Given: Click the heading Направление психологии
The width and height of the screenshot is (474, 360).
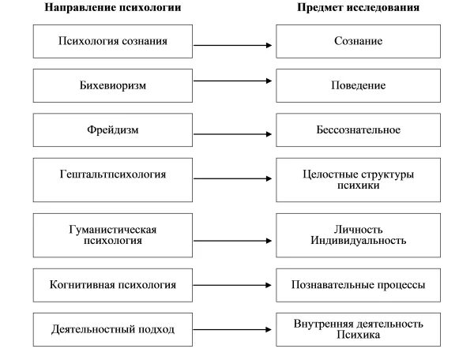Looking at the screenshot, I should pos(113,8).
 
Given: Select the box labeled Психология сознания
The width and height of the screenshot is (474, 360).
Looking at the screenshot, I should pos(113,41).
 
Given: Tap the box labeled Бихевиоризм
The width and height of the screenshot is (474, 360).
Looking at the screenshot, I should pos(113,84).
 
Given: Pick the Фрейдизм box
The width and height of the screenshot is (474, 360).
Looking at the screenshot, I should pos(113,129).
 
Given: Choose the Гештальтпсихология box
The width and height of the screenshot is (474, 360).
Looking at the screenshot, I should pos(113,179).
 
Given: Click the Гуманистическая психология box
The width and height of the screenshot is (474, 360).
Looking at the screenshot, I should pos(113,234).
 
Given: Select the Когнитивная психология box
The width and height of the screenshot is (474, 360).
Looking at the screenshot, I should pos(113,284).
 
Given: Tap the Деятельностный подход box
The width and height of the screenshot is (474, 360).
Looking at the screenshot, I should pos(113,328).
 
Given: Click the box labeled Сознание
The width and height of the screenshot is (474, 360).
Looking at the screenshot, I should pos(358,41).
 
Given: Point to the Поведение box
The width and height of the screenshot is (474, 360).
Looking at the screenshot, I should pos(358,84).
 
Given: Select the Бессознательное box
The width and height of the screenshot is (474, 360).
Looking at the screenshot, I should pos(358,129).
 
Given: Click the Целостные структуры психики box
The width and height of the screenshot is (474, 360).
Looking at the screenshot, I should pos(358,179).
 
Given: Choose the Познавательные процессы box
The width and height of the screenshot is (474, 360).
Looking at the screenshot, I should pos(358,284).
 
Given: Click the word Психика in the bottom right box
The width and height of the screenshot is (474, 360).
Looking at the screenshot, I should pos(358,335).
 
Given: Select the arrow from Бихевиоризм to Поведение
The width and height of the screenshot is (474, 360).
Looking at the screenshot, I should pos(233,80).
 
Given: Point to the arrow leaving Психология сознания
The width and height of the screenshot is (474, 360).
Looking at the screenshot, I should pos(233,45).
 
